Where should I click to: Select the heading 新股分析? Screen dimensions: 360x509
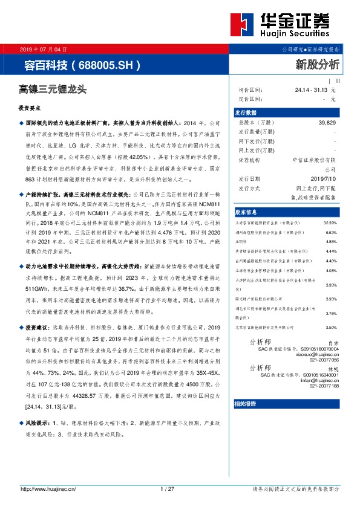tap(317, 63)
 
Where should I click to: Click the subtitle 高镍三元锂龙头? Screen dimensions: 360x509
tap(53, 89)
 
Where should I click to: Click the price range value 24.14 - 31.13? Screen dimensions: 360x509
tap(310, 90)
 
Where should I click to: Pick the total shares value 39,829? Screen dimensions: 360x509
tap(327, 123)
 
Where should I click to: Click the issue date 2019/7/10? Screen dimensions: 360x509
tap(324, 180)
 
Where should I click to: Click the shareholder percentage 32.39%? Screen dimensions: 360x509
tap(330, 222)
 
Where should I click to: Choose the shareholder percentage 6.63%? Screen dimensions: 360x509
tap(330, 232)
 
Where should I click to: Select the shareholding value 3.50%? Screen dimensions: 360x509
tap(330, 327)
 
